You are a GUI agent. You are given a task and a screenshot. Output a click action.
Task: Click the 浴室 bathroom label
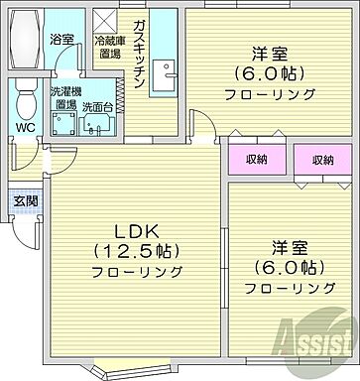[x=61, y=39]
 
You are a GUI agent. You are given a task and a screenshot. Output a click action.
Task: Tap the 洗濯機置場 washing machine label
[x=64, y=97]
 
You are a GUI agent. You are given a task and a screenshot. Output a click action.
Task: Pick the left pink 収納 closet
[x=254, y=160]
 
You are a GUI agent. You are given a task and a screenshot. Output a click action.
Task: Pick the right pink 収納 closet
[x=322, y=160]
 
